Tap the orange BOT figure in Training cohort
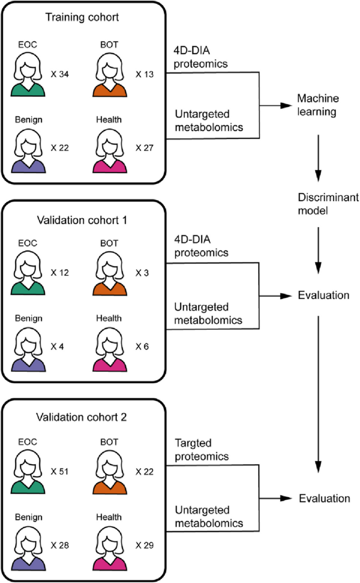click(111, 75)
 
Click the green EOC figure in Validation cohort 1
click(29, 273)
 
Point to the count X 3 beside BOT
click(142, 273)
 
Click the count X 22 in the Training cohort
click(61, 149)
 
